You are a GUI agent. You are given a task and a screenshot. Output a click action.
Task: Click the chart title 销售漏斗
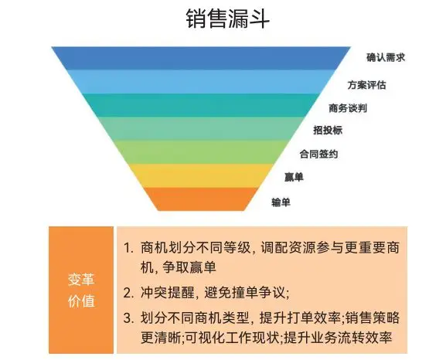[x=227, y=19]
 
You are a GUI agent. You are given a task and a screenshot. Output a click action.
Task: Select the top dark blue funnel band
[x=201, y=58]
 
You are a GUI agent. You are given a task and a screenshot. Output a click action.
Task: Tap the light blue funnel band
[x=201, y=82]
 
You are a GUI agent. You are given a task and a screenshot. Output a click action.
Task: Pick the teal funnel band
[x=201, y=105]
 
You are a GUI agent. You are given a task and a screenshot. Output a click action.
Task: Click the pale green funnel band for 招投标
[x=201, y=128]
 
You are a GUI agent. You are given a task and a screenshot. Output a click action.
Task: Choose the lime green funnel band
[x=201, y=152]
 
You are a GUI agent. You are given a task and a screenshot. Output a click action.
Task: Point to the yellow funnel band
[x=201, y=175]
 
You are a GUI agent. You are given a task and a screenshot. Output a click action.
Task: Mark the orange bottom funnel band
[x=201, y=199]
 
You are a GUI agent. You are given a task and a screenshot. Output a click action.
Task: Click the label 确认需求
[x=386, y=58]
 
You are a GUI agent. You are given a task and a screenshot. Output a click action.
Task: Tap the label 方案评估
[x=366, y=85]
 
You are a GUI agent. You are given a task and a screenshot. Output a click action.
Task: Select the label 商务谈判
[x=348, y=108]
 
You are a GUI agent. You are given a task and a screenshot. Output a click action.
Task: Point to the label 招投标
[x=328, y=130]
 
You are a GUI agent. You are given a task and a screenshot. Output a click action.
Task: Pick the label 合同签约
[x=318, y=154]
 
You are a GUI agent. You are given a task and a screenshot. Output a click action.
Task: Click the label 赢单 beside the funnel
[x=294, y=177]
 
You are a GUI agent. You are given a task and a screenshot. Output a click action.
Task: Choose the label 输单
[x=281, y=202]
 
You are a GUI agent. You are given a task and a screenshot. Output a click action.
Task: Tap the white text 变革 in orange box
[x=81, y=280]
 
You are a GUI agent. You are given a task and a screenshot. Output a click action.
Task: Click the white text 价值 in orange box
[x=81, y=301]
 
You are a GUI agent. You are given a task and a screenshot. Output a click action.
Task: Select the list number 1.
[x=128, y=248]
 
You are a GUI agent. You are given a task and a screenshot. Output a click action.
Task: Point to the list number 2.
[x=128, y=294]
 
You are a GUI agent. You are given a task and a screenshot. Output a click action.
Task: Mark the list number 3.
[x=128, y=318]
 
